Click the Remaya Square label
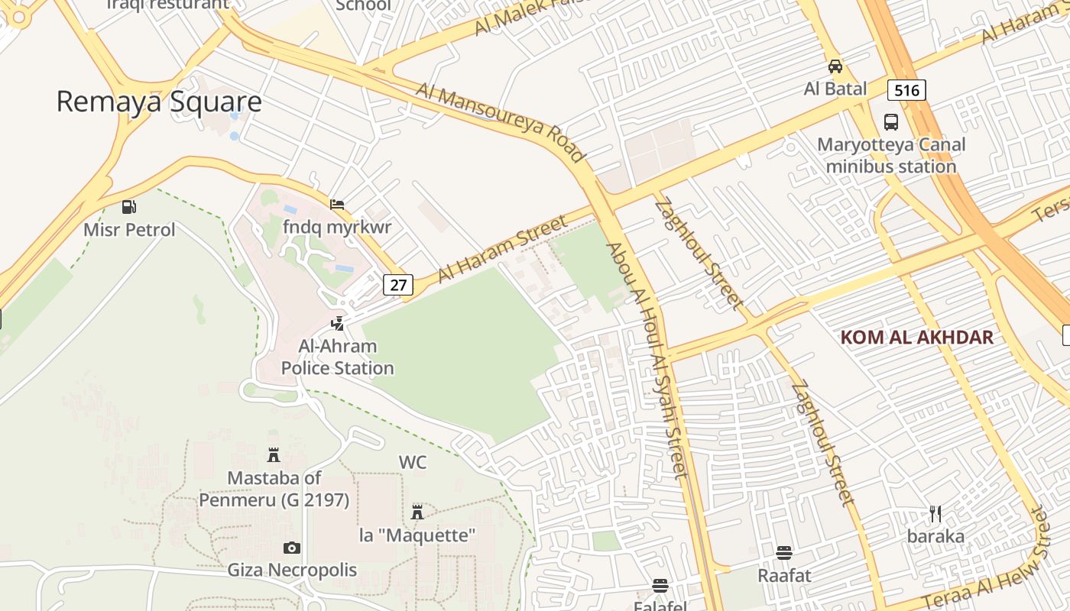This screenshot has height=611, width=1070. click(159, 102)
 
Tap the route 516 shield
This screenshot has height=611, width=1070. click(906, 90)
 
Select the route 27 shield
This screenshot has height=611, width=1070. click(398, 285)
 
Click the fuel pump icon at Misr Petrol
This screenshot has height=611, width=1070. click(129, 206)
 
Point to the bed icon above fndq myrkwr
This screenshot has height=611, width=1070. click(337, 204)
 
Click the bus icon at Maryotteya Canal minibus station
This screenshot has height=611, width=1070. click(891, 121)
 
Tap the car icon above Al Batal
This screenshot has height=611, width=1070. click(835, 66)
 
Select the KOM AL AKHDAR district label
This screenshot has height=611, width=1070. click(916, 337)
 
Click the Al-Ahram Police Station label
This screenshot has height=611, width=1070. click(337, 357)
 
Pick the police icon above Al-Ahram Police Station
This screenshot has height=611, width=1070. click(337, 323)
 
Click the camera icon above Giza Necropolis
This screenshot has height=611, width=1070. click(291, 548)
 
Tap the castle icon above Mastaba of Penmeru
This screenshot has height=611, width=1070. click(274, 456)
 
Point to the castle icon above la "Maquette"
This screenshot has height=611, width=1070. click(417, 512)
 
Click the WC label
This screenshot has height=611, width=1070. click(413, 462)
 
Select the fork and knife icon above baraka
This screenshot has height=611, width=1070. click(935, 513)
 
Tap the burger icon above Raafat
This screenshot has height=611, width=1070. click(783, 552)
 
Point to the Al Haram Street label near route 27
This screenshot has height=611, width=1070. click(503, 249)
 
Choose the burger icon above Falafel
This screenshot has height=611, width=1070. click(660, 586)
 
